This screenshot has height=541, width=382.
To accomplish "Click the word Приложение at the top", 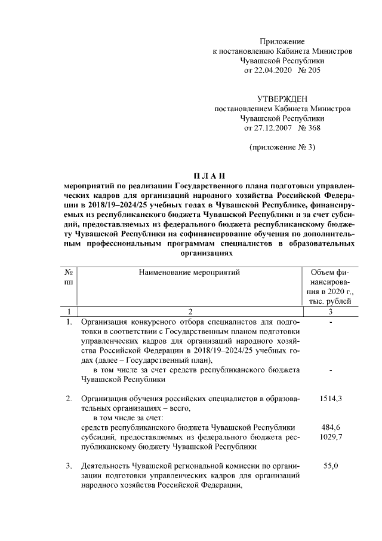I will [282, 41].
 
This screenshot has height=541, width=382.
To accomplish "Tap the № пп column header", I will [69, 277].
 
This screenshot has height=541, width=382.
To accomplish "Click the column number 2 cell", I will [190, 311].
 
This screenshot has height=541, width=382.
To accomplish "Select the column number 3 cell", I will [330, 311].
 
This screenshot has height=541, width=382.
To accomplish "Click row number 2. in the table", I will [69, 398].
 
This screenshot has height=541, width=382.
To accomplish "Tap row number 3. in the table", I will [69, 466].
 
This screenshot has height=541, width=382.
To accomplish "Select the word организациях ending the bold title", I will [208, 253].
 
